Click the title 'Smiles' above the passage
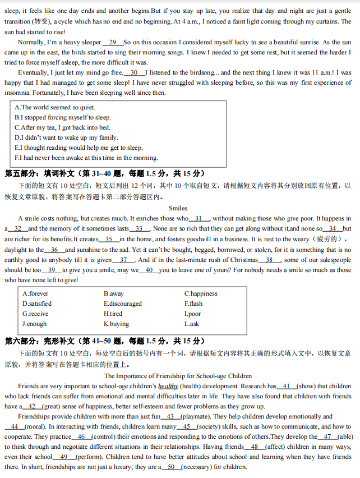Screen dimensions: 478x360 coord(178,208)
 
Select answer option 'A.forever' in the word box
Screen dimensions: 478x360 coord(35,293)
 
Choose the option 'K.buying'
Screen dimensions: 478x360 coord(116,324)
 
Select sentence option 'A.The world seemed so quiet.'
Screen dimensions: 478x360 coord(55,107)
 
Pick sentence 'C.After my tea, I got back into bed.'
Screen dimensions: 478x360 coord(62,127)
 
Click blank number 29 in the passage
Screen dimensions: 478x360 coord(113,42)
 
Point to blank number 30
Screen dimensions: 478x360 coord(134,72)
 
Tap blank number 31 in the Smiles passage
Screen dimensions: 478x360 coord(199,218)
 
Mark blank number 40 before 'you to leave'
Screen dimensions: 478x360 coord(149,270)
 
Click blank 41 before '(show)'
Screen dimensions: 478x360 coord(287,386)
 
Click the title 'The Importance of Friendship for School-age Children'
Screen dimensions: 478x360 coord(178,376)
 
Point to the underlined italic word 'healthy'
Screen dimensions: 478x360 coord(168,386)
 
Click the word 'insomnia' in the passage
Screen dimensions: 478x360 coord(17,93)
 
